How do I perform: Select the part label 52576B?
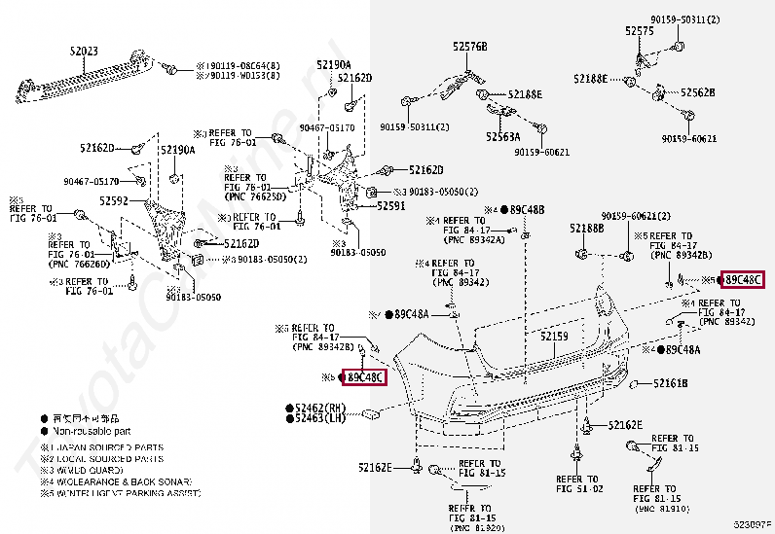tap(469, 47)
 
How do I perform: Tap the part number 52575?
tap(639, 31)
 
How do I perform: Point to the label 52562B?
tap(698, 92)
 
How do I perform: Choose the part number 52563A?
tap(503, 137)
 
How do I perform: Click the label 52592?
tap(113, 200)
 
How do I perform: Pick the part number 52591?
tap(391, 205)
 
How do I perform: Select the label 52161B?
tap(670, 384)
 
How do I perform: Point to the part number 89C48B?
tap(528, 209)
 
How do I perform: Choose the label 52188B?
tap(587, 229)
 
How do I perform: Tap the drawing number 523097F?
tap(752, 525)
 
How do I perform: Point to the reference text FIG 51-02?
tap(579, 489)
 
